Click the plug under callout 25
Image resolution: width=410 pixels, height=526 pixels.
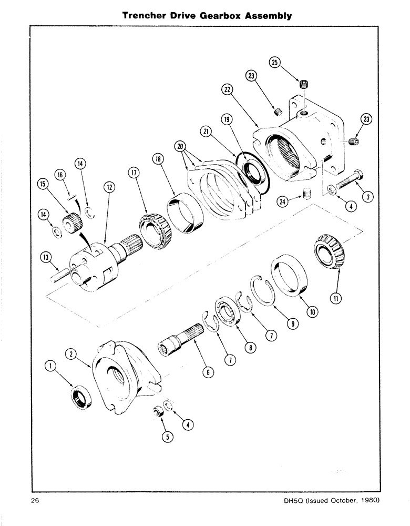pyautogui.click(x=304, y=84)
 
